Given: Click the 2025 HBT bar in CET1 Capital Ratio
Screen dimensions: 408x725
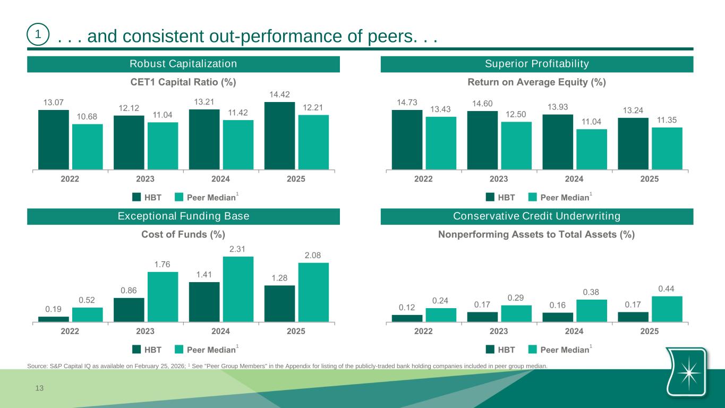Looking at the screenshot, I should [279, 135].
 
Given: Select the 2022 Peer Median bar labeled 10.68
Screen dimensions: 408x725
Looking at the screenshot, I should [88, 147].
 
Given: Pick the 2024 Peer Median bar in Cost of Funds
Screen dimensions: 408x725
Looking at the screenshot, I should [238, 289].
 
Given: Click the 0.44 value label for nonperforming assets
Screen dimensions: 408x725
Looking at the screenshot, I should [667, 288].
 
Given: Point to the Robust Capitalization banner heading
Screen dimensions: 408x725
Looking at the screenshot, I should [183, 64].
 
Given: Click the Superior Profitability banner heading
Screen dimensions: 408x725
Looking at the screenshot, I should [537, 64].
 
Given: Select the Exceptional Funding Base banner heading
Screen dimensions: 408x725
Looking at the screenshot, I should [183, 216].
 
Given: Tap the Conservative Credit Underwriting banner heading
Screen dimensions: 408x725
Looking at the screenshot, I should [537, 216].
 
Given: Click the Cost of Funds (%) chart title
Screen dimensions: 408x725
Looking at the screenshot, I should [183, 234].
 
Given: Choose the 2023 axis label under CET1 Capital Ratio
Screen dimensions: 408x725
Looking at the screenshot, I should [145, 179].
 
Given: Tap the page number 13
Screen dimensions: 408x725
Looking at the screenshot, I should [39, 389].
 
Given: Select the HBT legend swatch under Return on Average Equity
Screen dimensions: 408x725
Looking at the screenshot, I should [490, 198].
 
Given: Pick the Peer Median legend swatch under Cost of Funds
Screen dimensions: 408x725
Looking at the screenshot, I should [179, 350].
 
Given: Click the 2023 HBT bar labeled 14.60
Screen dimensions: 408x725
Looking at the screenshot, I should [482, 140].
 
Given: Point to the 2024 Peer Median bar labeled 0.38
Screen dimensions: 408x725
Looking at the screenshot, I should [592, 311].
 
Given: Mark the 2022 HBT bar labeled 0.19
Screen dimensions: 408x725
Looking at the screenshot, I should [54, 319].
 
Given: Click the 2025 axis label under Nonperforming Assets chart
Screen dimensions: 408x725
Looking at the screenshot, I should [650, 331].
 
